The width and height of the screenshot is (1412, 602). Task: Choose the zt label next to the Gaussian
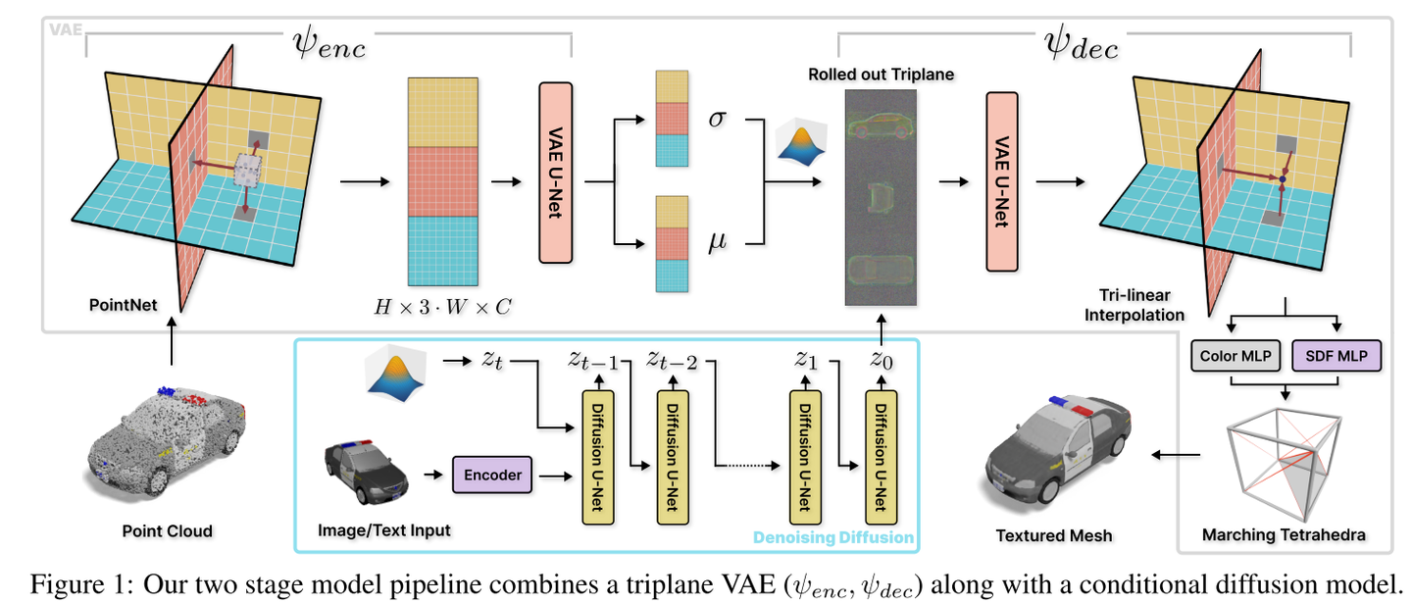[x=492, y=360]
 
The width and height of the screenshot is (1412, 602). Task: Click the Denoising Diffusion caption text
[x=832, y=537]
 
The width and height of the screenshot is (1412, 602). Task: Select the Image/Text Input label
[x=384, y=530]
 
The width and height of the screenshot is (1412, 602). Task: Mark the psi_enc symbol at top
[x=328, y=44]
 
